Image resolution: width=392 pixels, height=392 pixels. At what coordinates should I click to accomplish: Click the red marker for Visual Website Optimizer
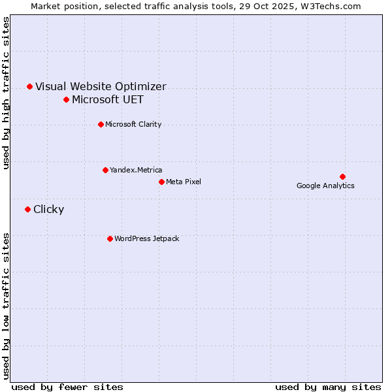point(29,86)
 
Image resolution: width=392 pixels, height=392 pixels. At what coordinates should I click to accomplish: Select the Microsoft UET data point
point(66,99)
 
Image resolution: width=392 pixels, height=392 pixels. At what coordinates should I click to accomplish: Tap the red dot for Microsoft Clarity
point(101,124)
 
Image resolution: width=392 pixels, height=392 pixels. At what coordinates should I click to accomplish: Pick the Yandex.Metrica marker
point(105,170)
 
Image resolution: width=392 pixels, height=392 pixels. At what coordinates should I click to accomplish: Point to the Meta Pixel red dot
point(161,182)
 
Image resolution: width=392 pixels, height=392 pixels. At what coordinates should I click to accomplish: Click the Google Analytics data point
point(342,176)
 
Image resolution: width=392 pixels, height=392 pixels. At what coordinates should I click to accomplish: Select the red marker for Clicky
point(27,209)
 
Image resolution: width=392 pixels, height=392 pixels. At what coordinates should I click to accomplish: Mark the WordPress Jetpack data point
point(110,238)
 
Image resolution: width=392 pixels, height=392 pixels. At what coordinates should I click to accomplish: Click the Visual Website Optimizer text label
point(101,86)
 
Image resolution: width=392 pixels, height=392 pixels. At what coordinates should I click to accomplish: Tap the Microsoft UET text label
point(108,99)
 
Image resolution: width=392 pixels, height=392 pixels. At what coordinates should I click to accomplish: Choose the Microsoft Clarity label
point(133,124)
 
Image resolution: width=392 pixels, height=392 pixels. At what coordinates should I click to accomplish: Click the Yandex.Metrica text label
point(136,170)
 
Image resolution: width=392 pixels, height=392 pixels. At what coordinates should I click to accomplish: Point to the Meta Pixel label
point(184,182)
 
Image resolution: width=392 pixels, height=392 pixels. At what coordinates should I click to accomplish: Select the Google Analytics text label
point(325,186)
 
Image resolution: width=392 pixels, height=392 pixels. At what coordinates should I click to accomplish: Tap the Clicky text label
point(48,209)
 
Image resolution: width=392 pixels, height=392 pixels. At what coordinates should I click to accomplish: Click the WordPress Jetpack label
point(146,238)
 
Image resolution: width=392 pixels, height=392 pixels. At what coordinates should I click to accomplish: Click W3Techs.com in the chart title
point(336,7)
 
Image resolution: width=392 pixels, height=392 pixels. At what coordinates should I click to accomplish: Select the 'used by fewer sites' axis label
point(67,387)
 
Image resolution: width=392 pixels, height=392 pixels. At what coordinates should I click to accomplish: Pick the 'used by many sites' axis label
point(328,387)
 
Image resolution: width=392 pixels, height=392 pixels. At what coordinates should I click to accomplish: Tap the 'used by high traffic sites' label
point(7,93)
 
